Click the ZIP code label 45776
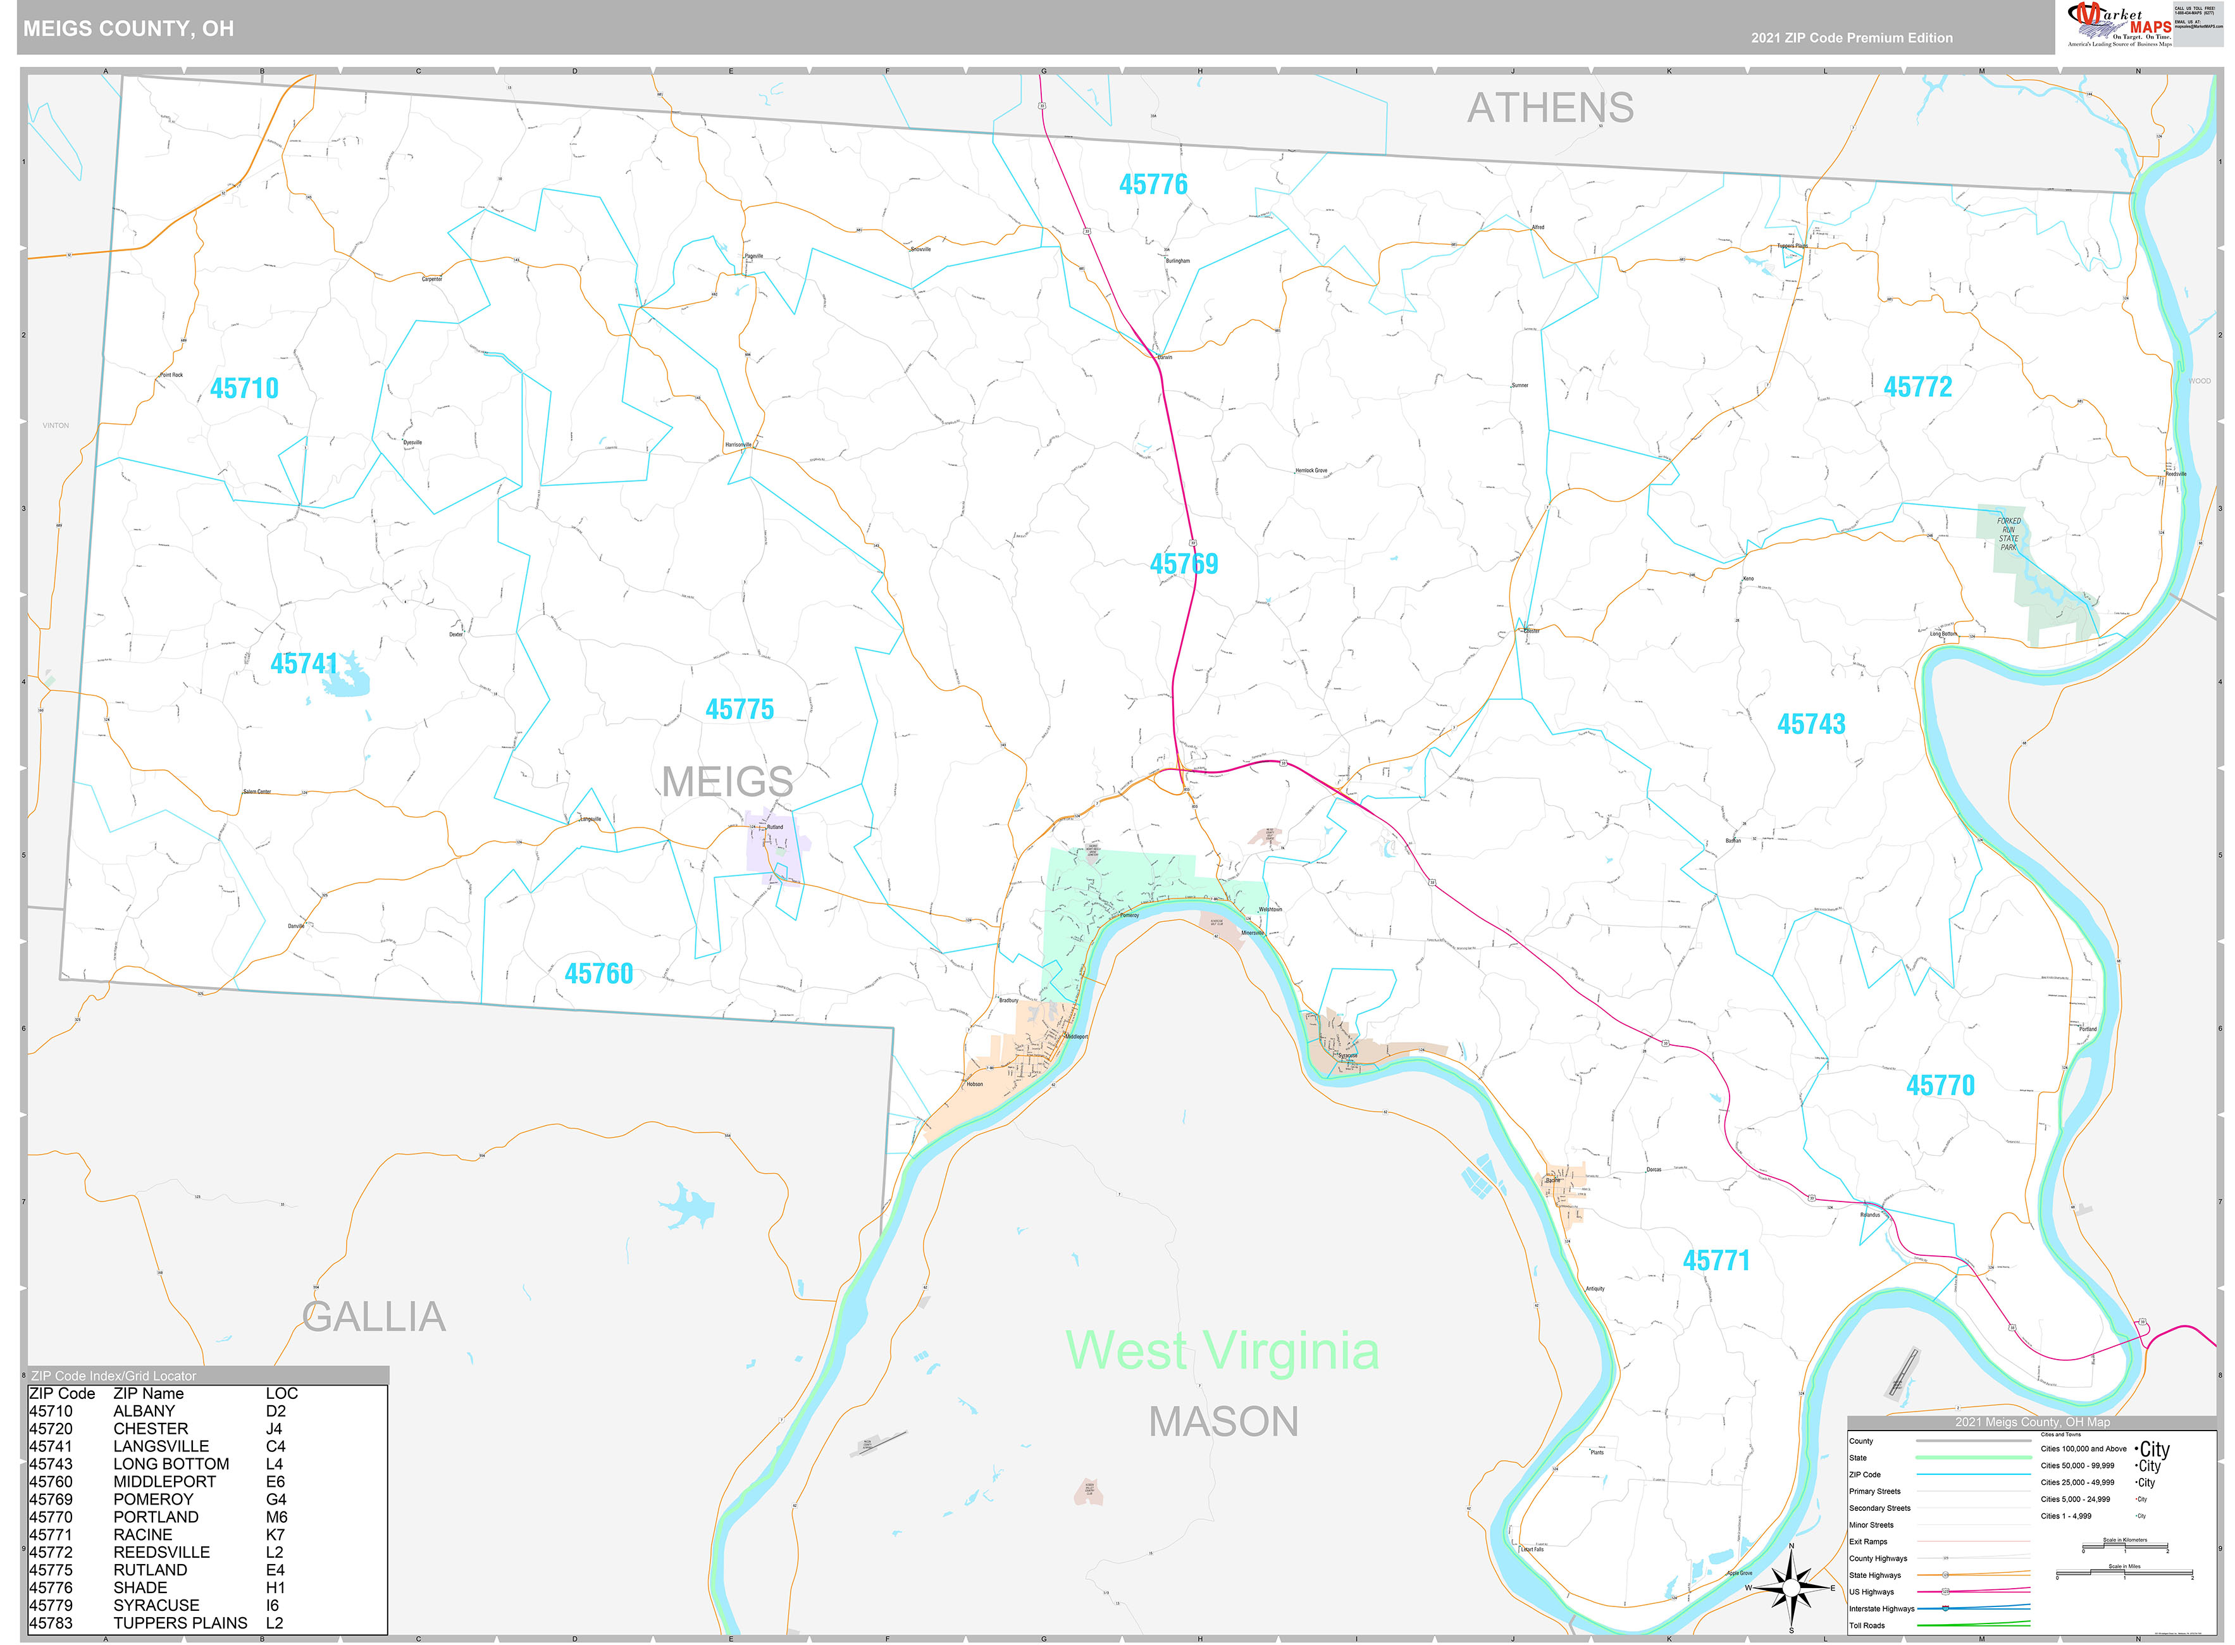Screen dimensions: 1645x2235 click(1153, 185)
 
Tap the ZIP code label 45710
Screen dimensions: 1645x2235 click(244, 388)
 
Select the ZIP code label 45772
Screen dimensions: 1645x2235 click(1917, 387)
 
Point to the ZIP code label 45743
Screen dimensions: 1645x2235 click(1811, 725)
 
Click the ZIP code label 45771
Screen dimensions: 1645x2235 click(1716, 1260)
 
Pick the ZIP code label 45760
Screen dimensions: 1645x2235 click(598, 974)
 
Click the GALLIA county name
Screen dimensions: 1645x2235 click(373, 1317)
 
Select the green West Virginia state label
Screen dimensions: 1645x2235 click(1222, 1351)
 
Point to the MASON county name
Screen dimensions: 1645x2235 click(1223, 1421)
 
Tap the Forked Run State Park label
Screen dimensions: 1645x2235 click(2008, 535)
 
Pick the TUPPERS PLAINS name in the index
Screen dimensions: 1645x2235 click(180, 1623)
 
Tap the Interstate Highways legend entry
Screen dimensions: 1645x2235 click(1881, 1608)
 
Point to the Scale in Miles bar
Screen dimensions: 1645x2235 click(2124, 1574)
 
